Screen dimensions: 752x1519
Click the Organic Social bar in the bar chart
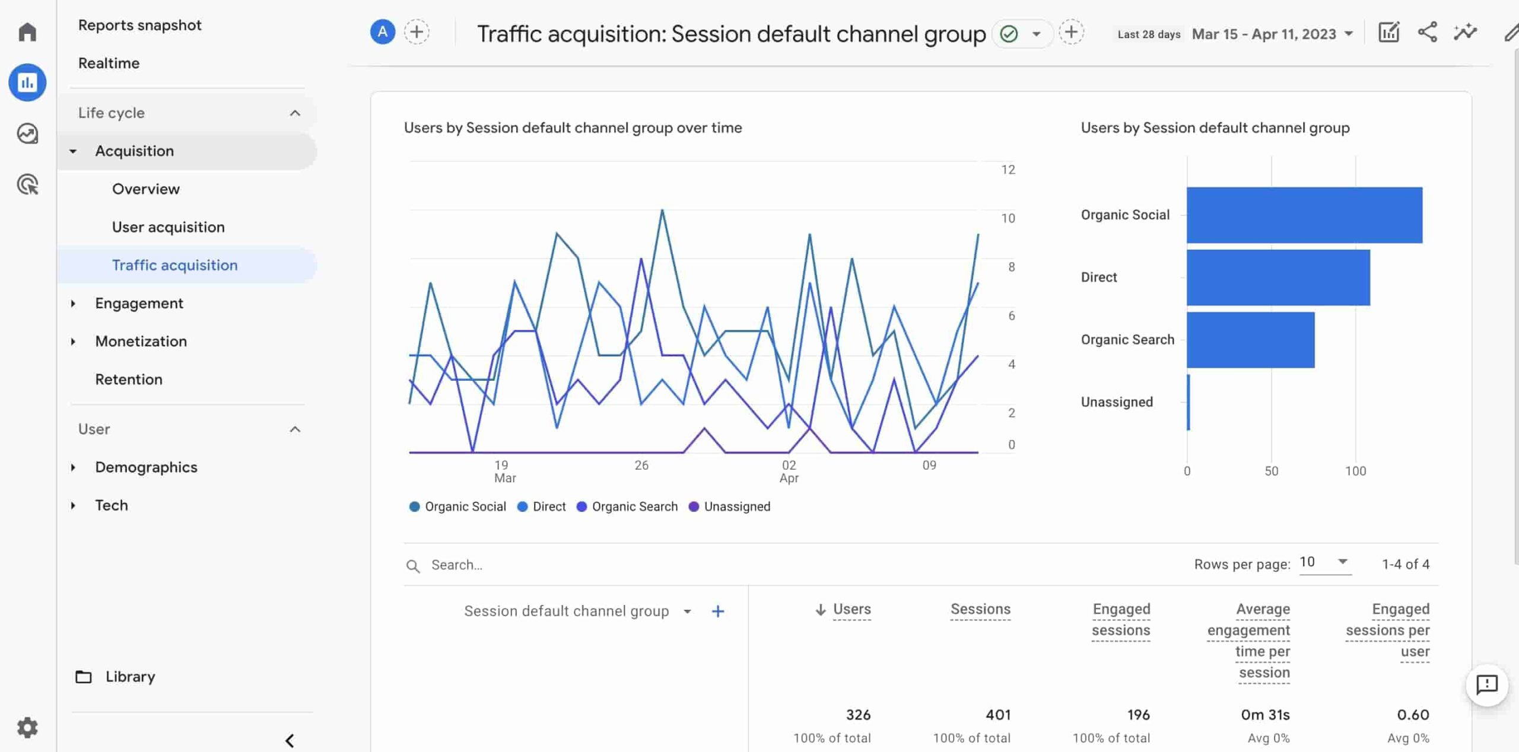1304,215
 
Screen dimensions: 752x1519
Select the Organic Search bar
1250,340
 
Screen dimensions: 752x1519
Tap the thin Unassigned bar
1188,402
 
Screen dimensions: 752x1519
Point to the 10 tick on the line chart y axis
1008,218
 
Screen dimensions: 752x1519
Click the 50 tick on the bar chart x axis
1270,471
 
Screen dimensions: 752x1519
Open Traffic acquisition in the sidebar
174,265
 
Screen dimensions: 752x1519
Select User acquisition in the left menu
168,227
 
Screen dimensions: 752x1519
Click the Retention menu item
128,380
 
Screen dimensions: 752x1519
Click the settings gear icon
27,727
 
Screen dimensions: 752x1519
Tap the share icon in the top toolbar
1427,32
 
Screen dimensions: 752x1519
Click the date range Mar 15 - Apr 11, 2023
1272,34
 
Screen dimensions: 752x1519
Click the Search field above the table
534,565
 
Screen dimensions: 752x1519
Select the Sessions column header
980,609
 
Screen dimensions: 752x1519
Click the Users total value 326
857,715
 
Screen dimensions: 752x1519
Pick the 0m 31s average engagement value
1264,715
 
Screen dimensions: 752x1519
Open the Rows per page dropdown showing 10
1324,562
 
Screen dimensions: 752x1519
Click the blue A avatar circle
383,32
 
